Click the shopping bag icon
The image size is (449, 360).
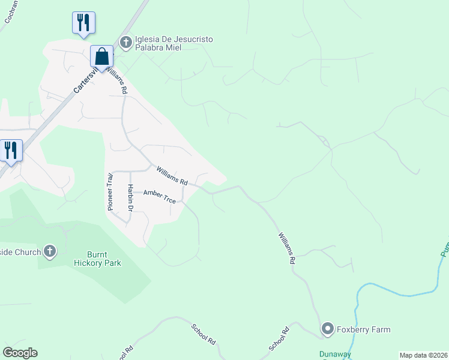[102, 57]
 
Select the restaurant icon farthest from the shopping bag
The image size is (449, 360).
[11, 151]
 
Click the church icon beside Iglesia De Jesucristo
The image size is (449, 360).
[126, 41]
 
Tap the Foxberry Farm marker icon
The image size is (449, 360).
[327, 329]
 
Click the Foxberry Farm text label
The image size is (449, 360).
[364, 329]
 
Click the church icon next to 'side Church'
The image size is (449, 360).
[50, 251]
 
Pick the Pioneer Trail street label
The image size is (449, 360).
[110, 191]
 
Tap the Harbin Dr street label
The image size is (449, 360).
[130, 197]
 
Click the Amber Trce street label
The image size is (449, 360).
[159, 196]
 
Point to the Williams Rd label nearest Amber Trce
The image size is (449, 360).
[172, 176]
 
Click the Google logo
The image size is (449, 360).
[20, 353]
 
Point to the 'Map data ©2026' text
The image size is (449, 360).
[423, 355]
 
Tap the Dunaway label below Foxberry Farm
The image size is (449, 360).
[334, 355]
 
